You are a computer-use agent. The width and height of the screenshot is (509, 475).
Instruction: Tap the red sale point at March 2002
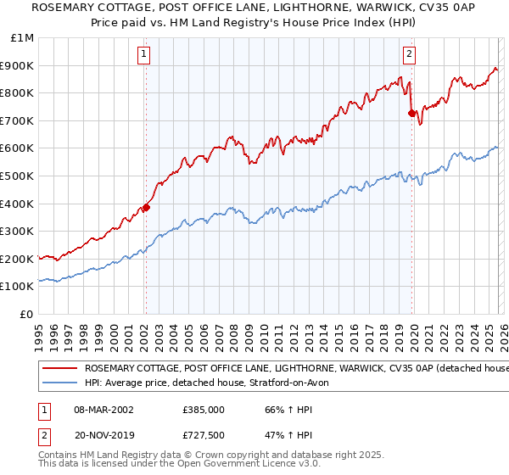pos(146,207)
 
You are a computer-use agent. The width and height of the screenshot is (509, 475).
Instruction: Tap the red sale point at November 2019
pos(411,112)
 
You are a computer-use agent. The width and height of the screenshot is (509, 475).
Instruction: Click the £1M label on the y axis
pos(23,38)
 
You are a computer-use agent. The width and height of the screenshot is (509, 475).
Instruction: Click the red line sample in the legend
pos(59,368)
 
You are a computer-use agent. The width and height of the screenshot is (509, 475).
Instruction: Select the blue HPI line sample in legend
pos(59,383)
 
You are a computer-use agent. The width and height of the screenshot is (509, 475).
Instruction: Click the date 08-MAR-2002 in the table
pos(105,410)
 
